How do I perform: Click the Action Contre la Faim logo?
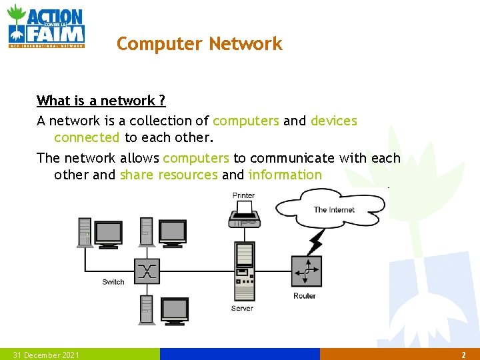tap(46, 26)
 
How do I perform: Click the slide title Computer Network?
tap(199, 44)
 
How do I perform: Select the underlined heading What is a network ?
tap(101, 101)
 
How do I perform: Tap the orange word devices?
tap(333, 121)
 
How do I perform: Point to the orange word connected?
tap(87, 138)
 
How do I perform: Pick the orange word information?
tap(285, 175)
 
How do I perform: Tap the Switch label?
tap(113, 282)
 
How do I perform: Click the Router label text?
tap(305, 296)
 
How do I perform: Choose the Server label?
tap(242, 308)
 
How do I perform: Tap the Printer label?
tap(243, 195)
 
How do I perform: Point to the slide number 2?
tap(463, 355)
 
